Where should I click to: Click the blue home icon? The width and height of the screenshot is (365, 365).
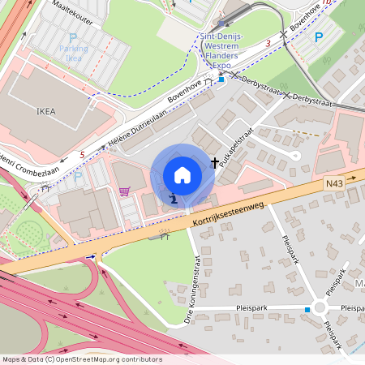coord(182,174)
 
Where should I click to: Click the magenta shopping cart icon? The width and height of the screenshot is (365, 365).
coord(124,191)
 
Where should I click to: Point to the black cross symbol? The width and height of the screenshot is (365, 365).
coord(216,161)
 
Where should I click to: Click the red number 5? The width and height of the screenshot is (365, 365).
coord(81,154)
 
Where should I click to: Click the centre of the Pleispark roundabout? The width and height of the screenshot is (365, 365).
coord(322,309)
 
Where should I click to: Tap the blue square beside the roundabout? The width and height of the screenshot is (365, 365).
coord(307,309)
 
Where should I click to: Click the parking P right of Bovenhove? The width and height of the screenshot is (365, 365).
coord(318,36)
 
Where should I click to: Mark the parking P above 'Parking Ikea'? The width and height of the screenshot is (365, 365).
coord(73,38)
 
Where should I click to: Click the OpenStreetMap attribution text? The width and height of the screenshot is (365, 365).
coord(81,359)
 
